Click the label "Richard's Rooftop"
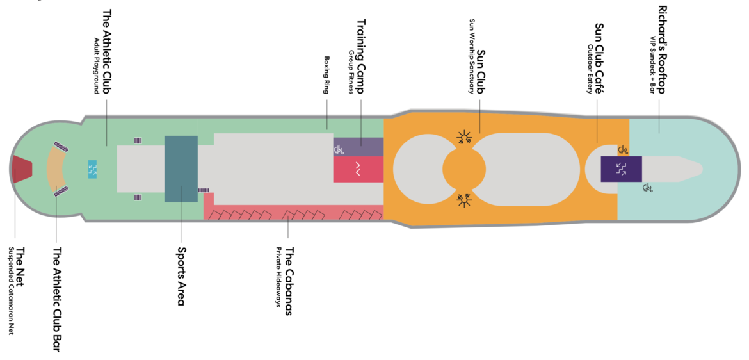[x=661, y=50]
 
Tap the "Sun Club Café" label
[x=599, y=58]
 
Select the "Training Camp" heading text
[x=360, y=56]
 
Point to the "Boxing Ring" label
[x=326, y=75]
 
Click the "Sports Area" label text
[x=181, y=276]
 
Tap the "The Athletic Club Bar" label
[x=57, y=300]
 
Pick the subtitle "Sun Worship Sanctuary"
[x=472, y=56]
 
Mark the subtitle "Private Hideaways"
[x=279, y=277]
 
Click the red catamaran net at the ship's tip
[x=21, y=168]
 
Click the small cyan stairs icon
[x=92, y=169]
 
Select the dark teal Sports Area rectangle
[x=181, y=168]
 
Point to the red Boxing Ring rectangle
[x=358, y=170]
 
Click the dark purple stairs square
[x=620, y=168]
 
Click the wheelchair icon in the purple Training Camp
[x=339, y=150]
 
